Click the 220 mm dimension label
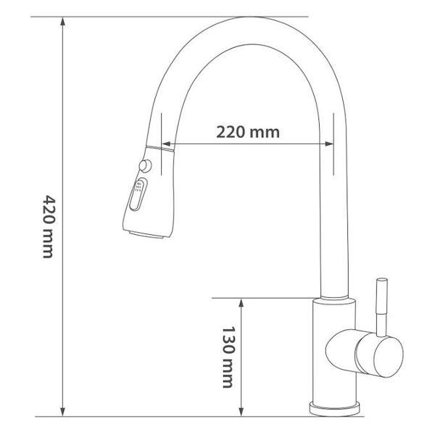(x=247, y=132)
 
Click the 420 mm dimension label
(x=48, y=227)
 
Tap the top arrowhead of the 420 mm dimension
(x=65, y=22)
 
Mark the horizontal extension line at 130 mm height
(x=261, y=297)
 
